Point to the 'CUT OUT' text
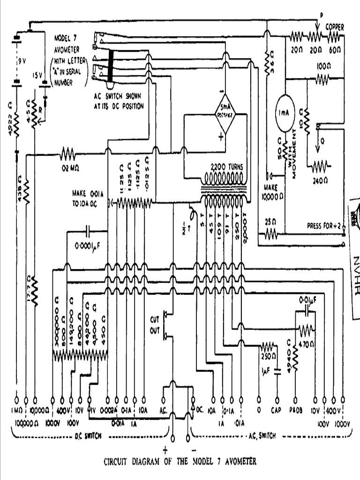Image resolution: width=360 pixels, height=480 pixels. click(155, 323)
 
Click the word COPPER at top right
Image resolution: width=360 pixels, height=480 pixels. click(335, 28)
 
